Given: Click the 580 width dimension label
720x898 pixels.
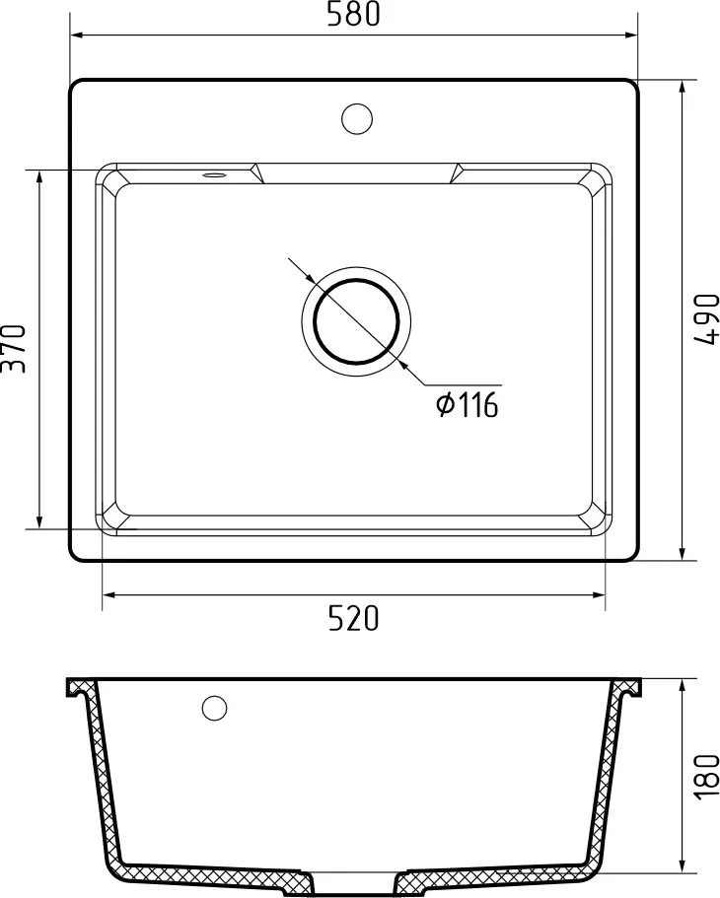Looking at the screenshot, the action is (354, 15).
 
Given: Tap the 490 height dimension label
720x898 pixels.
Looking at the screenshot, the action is (706, 319).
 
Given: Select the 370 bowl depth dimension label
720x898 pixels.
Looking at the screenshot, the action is (13, 349).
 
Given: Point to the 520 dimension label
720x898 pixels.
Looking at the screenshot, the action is (354, 618).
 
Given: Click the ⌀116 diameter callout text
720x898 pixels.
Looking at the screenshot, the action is (468, 405).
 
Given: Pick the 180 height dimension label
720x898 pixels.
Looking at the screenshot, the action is (706, 776).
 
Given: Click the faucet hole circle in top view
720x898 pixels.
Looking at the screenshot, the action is (357, 119).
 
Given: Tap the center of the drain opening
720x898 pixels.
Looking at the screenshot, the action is (357, 321).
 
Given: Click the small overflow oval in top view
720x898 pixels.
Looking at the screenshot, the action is (214, 174).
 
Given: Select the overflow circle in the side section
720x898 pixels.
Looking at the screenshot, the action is (214, 708).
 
